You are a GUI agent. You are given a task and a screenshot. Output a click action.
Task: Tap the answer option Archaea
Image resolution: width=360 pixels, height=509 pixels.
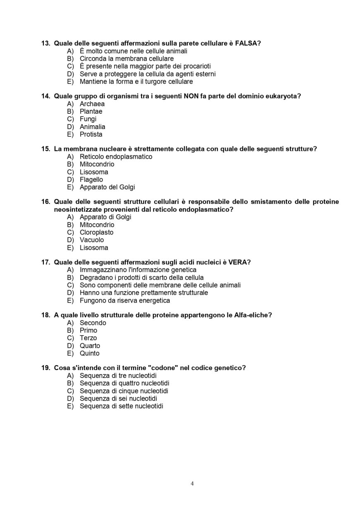pyautogui.click(x=92, y=104)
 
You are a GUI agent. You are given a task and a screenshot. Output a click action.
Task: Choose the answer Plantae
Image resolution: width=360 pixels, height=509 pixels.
pyautogui.click(x=91, y=111)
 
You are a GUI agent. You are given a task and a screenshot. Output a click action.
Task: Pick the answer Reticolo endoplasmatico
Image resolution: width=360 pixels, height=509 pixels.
pyautogui.click(x=116, y=157)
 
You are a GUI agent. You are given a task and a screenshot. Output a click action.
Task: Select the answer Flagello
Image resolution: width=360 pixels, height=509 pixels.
pyautogui.click(x=91, y=179)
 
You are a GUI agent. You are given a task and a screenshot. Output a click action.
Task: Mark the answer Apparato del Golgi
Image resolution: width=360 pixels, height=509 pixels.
pyautogui.click(x=107, y=187)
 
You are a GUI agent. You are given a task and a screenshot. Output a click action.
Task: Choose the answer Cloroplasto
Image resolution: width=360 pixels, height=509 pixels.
pyautogui.click(x=96, y=232)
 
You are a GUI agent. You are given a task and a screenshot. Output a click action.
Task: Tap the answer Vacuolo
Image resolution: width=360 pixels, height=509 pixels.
pyautogui.click(x=91, y=240)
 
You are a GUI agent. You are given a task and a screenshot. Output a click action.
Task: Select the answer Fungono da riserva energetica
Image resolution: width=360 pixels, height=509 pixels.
pyautogui.click(x=125, y=301)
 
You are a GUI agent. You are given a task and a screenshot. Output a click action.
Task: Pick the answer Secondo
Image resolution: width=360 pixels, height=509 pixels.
pyautogui.click(x=93, y=323)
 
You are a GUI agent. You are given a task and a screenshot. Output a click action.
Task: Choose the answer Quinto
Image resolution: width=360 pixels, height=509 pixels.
pyautogui.click(x=89, y=353)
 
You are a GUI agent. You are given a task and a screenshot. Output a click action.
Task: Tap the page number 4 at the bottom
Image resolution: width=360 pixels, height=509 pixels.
pyautogui.click(x=192, y=484)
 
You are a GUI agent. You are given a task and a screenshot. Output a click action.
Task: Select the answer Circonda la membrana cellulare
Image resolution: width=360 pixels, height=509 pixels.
pyautogui.click(x=127, y=59)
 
